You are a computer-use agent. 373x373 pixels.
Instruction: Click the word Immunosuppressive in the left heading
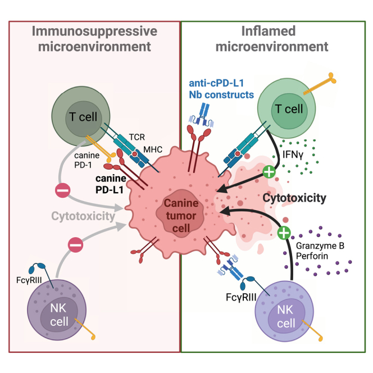[95, 31]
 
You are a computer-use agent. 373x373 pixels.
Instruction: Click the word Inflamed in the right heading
[269, 31]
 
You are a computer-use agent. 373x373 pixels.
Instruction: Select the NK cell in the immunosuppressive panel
[57, 310]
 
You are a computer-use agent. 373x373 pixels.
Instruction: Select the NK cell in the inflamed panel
[284, 311]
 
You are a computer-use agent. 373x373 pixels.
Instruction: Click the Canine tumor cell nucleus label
[181, 216]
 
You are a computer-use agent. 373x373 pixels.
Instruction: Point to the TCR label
[137, 137]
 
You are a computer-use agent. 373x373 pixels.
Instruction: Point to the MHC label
[153, 149]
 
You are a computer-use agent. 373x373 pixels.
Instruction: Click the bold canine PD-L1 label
[111, 184]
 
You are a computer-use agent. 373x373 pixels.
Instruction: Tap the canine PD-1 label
[87, 160]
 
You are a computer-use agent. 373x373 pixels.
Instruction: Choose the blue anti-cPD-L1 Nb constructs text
[221, 89]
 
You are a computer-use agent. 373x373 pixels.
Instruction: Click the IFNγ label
[293, 154]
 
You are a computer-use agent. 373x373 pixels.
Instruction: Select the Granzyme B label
[320, 245]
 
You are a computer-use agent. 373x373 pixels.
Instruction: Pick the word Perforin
[312, 256]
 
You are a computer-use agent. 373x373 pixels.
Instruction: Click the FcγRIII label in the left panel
[29, 280]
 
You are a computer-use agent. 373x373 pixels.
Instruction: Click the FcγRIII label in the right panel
[241, 297]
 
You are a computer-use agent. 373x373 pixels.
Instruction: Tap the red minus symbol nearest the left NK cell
[75, 245]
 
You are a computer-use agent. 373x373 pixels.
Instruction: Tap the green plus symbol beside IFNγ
[269, 171]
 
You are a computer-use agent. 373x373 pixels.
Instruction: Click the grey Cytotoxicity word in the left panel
[83, 216]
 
